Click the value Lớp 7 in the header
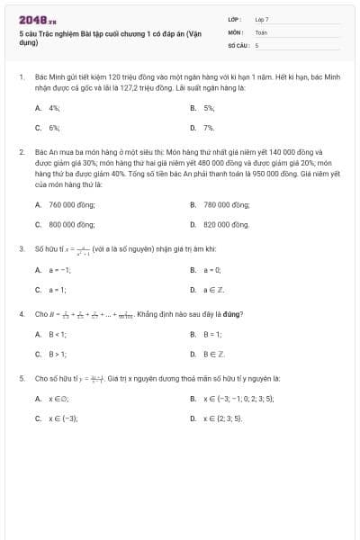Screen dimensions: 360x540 (262, 19)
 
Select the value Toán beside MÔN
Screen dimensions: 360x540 (261, 31)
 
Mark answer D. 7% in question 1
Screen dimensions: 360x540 (209, 128)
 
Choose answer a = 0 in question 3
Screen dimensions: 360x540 (211, 269)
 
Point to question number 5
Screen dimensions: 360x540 (21, 379)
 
